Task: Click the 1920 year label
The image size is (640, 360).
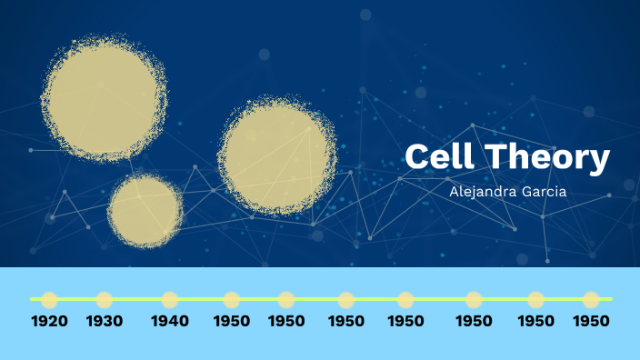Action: click(x=49, y=321)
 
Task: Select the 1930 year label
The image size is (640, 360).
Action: click(x=105, y=321)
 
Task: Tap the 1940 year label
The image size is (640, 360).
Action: click(x=170, y=321)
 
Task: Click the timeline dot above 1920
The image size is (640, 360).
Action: click(x=49, y=299)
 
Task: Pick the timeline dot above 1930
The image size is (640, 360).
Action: click(x=105, y=299)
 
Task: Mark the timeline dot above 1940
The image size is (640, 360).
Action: click(x=170, y=299)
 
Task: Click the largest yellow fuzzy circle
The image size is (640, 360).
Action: click(x=104, y=98)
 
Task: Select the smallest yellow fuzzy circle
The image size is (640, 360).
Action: click(x=145, y=211)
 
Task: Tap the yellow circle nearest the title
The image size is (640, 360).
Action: click(x=276, y=155)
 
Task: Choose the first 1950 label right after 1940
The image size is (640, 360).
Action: click(x=232, y=321)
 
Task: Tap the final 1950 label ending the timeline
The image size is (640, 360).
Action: click(x=592, y=321)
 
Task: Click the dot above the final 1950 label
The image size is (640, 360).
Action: click(x=592, y=299)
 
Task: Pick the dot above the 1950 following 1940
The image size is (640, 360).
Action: click(x=232, y=299)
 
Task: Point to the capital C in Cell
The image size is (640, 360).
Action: click(x=417, y=157)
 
